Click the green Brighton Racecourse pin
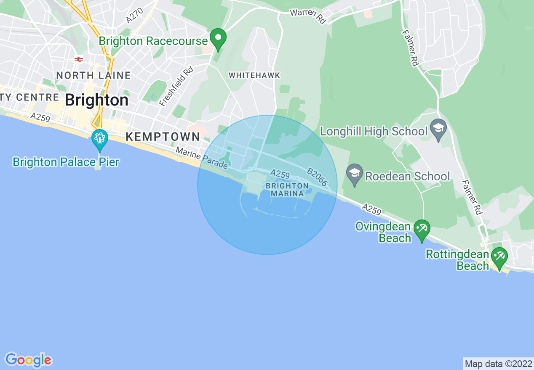[218, 39]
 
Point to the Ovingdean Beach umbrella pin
[422, 230]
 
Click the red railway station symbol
[78, 59]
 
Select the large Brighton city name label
[96, 100]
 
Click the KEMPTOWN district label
[163, 137]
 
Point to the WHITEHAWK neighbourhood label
[254, 75]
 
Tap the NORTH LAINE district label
[93, 76]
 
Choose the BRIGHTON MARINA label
[287, 190]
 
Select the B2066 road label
[317, 177]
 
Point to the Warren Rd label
[308, 16]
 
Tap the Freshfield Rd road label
[176, 85]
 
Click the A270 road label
[135, 16]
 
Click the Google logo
[29, 360]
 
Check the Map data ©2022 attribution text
[498, 364]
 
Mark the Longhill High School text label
[374, 132]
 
